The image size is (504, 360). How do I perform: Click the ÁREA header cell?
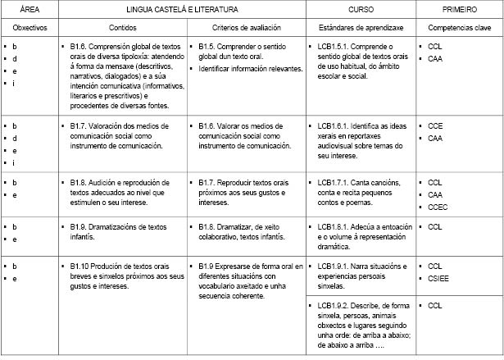click(x=28, y=10)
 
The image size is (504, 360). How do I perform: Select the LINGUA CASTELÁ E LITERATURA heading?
click(x=182, y=10)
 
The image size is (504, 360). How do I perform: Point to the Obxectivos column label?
click(x=28, y=27)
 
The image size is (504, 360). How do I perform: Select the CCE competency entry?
click(x=435, y=125)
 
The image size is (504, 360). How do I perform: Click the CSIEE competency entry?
click(x=438, y=279)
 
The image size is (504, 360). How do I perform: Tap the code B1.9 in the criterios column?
click(x=210, y=266)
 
